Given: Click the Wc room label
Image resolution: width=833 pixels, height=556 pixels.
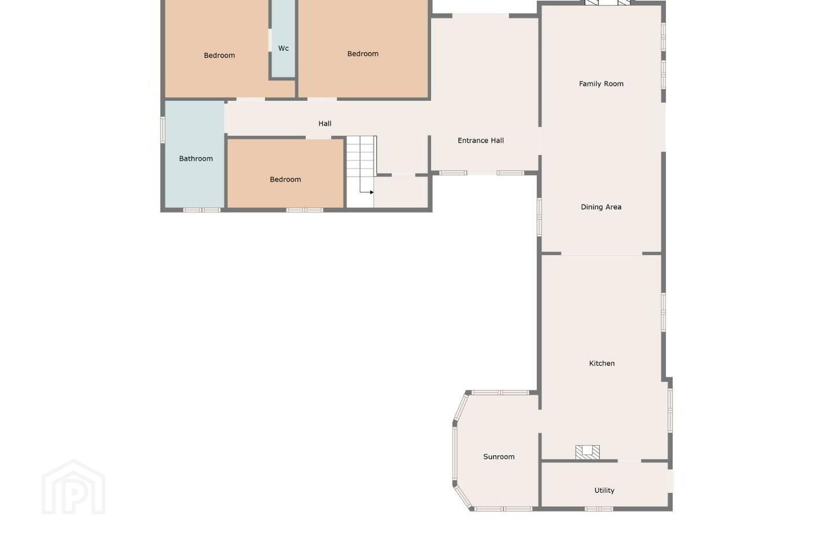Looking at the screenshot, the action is tap(283, 48).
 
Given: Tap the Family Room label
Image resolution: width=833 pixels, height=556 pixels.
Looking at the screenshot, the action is tap(601, 84).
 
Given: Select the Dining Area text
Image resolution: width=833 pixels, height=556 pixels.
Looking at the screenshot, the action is tap(601, 207).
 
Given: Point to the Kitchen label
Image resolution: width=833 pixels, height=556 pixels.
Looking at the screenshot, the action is tap(602, 363).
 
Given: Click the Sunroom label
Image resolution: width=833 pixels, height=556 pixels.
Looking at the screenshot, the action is tap(499, 456).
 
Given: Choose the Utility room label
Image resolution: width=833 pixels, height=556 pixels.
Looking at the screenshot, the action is tap(604, 491).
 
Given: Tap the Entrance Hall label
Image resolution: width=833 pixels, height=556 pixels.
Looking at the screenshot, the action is tap(481, 140).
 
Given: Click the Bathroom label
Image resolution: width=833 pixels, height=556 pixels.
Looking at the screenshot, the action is tap(196, 159).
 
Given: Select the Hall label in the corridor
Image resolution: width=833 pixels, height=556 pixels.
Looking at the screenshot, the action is tap(325, 123).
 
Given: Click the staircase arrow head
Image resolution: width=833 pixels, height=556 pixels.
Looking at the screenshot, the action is tap(372, 192).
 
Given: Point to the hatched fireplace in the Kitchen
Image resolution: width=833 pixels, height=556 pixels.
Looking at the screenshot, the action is tap(587, 452).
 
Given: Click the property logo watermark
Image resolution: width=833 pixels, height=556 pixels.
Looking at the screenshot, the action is tap(73, 487).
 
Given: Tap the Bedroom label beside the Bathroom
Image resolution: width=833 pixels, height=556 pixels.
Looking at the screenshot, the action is tap(285, 180).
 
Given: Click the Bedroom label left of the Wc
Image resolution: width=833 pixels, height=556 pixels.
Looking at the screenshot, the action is tap(219, 56).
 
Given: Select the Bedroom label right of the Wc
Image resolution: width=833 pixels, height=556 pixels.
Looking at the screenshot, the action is tap(363, 54).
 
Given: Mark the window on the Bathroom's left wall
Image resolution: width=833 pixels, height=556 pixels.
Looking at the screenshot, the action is tap(163, 130).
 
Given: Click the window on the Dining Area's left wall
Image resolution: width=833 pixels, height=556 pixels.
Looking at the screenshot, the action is tap(539, 217).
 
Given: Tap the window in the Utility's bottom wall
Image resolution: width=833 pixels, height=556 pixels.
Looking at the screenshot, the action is tap(599, 509).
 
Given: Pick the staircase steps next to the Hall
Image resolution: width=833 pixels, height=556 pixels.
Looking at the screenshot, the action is tap(360, 164).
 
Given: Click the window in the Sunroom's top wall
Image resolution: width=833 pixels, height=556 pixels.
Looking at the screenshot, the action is tap(500, 393).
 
